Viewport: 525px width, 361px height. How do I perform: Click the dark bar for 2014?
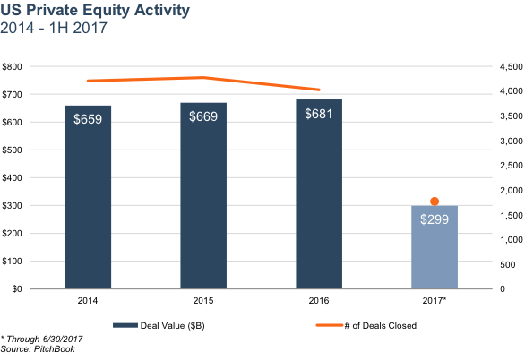point(88,197)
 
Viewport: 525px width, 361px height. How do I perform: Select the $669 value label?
point(203,116)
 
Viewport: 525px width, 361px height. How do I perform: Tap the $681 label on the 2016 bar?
point(318,114)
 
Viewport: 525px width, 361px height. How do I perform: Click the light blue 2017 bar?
point(435,247)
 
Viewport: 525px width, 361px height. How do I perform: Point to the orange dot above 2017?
point(435,202)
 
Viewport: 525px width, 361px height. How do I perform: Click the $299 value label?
point(435,219)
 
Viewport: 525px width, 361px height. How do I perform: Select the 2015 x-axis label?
point(203,300)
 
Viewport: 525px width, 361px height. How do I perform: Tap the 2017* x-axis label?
point(435,300)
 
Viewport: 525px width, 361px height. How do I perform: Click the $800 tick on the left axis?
point(12,66)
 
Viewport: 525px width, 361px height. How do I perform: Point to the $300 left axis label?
point(12,206)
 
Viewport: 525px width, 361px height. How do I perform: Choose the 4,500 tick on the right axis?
point(512,67)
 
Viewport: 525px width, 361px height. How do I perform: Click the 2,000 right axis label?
point(512,190)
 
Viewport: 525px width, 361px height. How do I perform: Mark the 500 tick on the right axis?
point(508,264)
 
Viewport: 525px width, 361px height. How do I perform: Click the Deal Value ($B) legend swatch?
point(125,325)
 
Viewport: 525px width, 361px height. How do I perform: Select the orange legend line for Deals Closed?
point(330,325)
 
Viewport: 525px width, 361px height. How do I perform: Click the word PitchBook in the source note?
point(55,349)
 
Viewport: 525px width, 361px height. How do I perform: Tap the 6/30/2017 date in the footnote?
point(63,340)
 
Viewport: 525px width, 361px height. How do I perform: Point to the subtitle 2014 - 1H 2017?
point(54,28)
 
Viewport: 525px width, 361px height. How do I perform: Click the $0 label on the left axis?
point(17,288)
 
